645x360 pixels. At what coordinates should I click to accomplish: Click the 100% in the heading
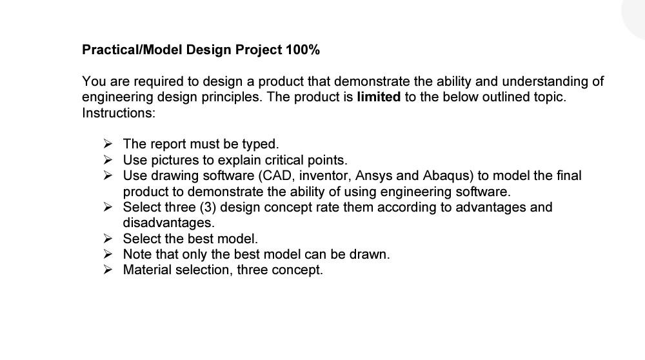coord(303,50)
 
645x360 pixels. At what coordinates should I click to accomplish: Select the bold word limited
coord(379,97)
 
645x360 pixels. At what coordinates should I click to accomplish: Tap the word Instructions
coord(119,113)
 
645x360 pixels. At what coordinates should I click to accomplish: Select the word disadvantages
coord(168,223)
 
